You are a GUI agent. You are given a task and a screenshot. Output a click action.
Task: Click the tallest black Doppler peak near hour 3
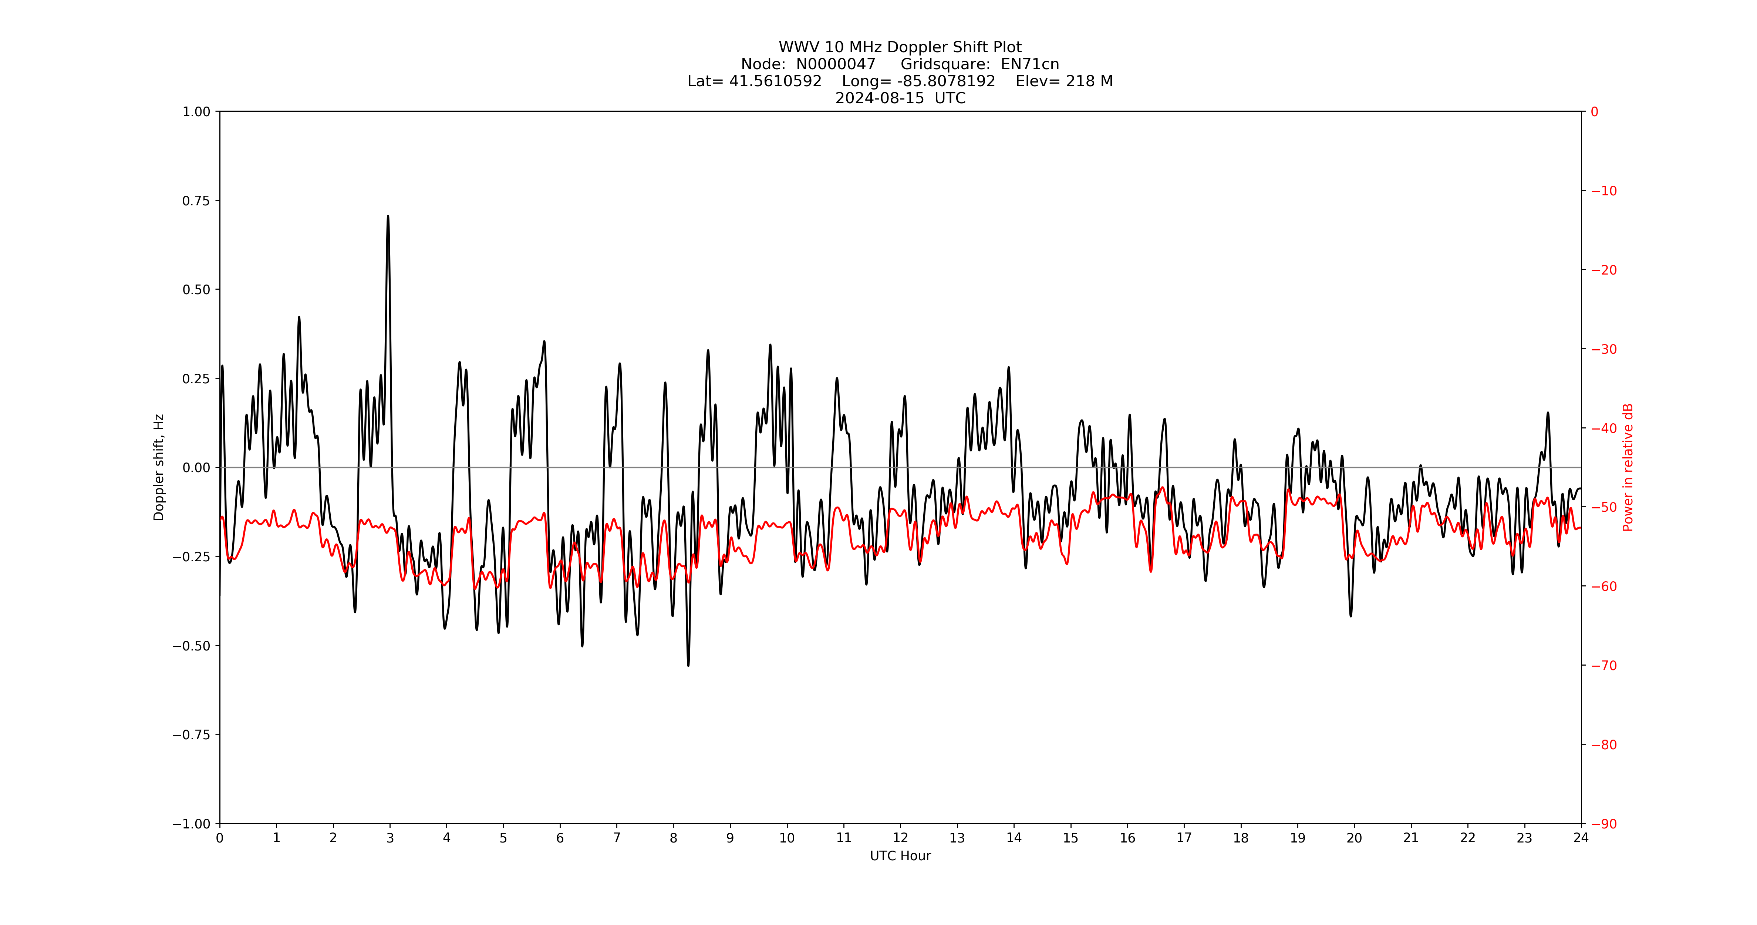(388, 217)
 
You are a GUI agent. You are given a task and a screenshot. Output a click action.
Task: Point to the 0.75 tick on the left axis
(196, 201)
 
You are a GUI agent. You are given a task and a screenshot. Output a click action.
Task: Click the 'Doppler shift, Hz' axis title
(159, 467)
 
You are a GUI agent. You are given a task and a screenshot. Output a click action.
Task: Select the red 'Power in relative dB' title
(1628, 467)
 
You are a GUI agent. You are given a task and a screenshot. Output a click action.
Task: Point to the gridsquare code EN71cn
(1030, 64)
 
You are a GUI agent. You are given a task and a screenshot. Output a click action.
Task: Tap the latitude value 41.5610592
(776, 81)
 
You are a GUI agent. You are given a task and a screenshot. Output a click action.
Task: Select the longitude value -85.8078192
(946, 81)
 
